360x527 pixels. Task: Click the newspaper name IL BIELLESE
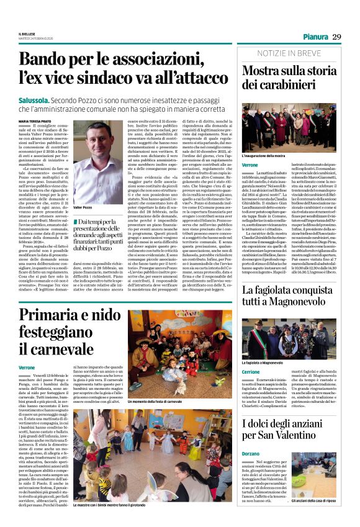tap(27, 35)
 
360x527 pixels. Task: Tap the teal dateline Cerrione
tap(251, 372)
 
